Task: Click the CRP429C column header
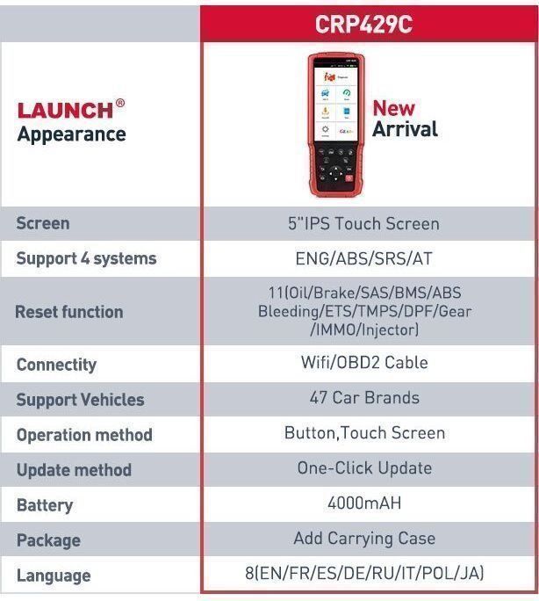coord(363,24)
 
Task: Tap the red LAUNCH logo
coord(65,111)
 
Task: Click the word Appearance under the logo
coord(72,134)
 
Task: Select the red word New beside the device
coord(393,108)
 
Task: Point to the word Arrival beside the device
coord(405,129)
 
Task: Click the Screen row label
coord(43,223)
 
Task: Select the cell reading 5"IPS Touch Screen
coord(363,223)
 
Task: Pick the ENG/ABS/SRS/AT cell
coord(363,258)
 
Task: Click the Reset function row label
coord(68,312)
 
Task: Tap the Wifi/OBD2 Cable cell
coord(364,362)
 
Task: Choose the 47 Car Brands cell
coord(364,397)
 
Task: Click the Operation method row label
coord(84,435)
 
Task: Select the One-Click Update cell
coord(364,468)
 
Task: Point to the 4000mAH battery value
coord(364,503)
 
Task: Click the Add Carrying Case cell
coord(364,539)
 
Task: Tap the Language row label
coord(54,576)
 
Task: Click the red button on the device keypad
coord(349,178)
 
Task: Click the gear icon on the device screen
coord(325,129)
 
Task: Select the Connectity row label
coord(57,365)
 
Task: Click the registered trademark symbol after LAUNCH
coord(119,103)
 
